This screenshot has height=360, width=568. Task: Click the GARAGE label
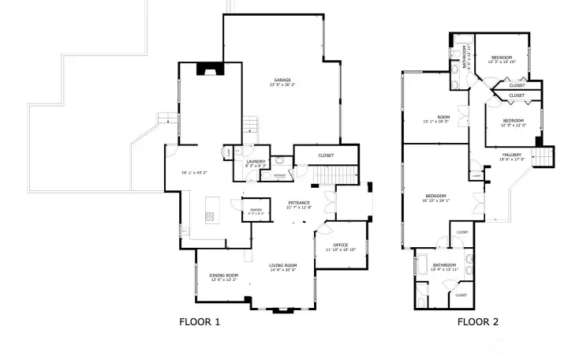click(282, 81)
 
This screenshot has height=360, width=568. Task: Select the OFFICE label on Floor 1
click(341, 245)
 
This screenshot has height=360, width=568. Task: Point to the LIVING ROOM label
click(282, 265)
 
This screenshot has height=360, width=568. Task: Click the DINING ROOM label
click(223, 276)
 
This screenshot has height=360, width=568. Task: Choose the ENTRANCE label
click(298, 203)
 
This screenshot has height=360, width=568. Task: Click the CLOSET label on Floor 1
click(326, 156)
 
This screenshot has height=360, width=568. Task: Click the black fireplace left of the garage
click(210, 69)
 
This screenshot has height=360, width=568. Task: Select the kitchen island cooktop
click(211, 215)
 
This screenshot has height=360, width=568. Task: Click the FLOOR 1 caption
click(200, 321)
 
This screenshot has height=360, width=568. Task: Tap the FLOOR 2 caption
click(478, 321)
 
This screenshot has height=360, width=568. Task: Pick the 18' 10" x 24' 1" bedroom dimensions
click(436, 201)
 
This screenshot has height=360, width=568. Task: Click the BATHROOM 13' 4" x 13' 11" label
click(445, 265)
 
